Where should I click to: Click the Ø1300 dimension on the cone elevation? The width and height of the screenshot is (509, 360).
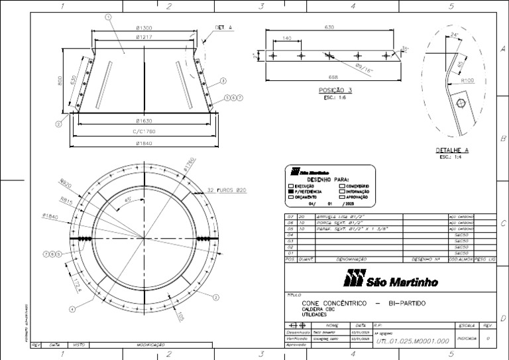(144, 28)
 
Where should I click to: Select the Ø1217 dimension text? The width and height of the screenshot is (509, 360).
(144, 38)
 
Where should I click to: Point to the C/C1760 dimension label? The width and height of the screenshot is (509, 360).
(144, 132)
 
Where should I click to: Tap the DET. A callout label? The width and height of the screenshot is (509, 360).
(223, 28)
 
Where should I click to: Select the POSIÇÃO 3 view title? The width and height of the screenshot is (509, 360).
(335, 90)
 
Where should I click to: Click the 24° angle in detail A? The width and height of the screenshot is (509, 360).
(454, 34)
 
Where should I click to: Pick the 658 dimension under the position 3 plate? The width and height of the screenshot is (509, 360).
(333, 77)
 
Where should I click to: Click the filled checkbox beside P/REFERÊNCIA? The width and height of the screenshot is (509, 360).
(290, 192)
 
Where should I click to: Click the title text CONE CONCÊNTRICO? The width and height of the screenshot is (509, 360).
(333, 303)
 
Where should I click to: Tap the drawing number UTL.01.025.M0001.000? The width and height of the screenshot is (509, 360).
(413, 340)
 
